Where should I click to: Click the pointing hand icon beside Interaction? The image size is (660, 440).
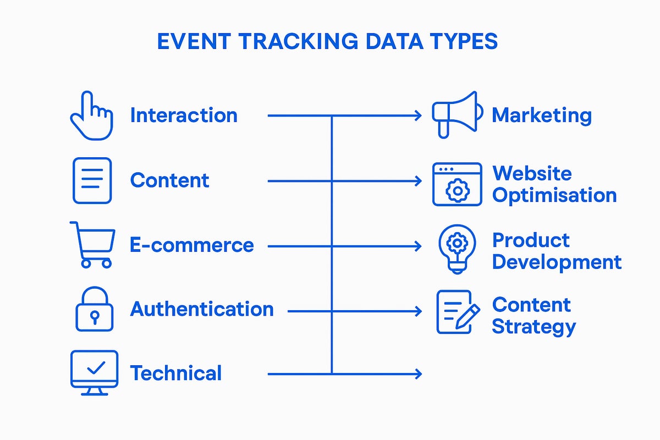tap(91, 116)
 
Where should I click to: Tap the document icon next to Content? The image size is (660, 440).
tap(92, 180)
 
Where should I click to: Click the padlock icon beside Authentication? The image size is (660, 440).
tap(94, 309)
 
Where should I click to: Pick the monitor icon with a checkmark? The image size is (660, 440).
tap(94, 372)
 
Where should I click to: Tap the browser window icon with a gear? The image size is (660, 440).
tap(457, 184)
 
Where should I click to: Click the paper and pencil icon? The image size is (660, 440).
tap(455, 312)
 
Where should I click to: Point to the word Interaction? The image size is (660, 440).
tap(184, 116)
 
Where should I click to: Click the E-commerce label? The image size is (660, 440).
tap(191, 245)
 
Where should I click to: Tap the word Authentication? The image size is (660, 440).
tap(201, 309)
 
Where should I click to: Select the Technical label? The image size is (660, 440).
tap(175, 373)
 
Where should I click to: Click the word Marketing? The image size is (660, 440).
tap(541, 116)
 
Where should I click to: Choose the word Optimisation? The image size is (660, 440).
tap(554, 195)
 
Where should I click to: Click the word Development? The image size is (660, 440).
tap(556, 262)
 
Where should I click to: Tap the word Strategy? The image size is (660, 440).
tap(533, 327)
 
